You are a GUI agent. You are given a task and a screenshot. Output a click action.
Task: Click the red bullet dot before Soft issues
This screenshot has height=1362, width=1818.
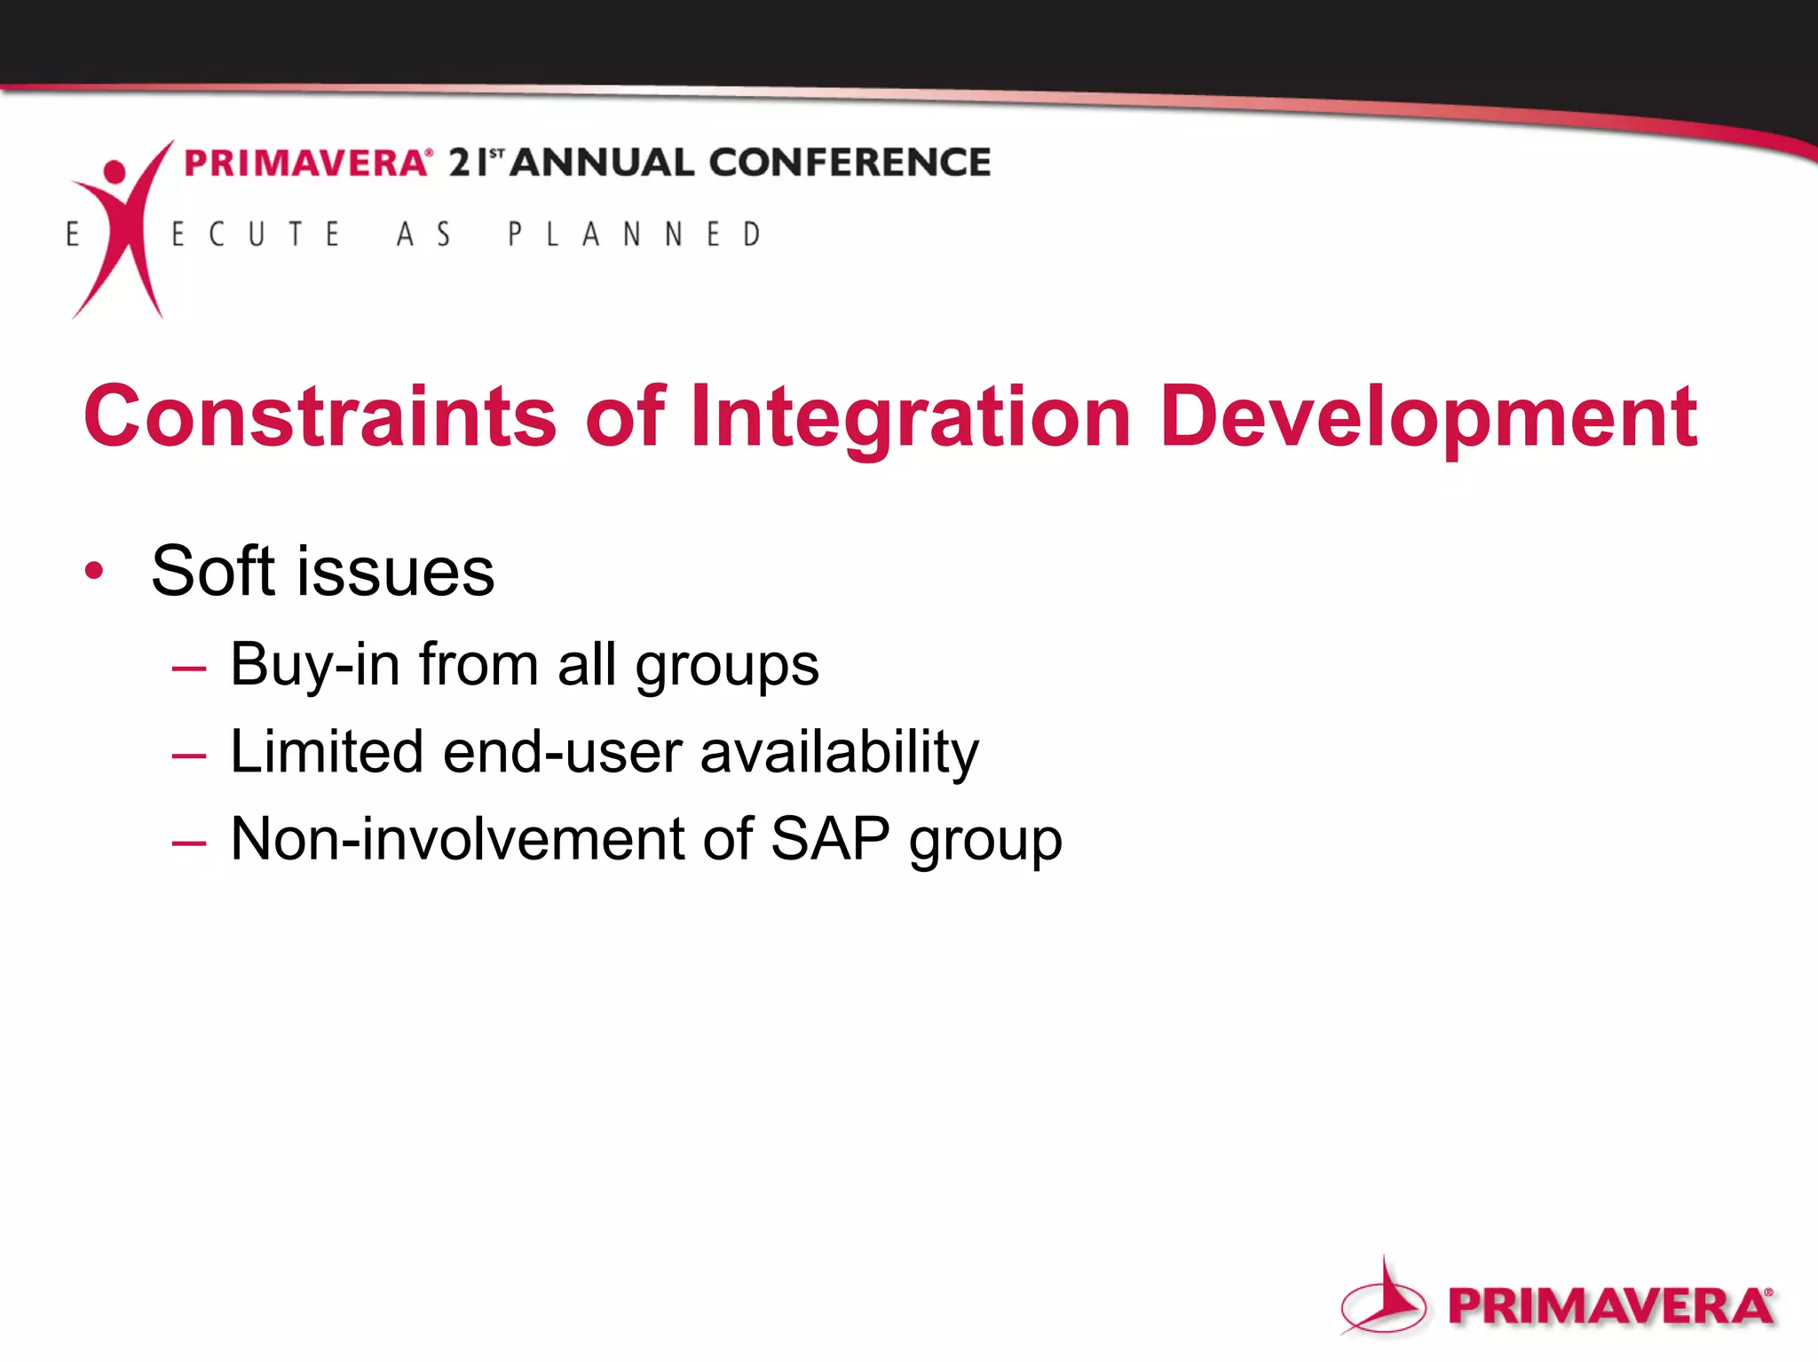tap(94, 570)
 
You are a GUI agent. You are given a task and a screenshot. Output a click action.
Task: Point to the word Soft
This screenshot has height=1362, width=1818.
tap(213, 570)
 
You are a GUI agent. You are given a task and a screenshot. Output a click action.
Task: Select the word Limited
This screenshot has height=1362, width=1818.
tap(327, 751)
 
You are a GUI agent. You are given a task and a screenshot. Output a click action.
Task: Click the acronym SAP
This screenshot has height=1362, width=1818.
tap(830, 838)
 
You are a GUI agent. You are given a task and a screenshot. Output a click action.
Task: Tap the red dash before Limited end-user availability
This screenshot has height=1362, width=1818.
tap(189, 756)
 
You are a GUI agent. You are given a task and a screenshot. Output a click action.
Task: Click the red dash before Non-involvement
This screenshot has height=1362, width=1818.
tap(189, 843)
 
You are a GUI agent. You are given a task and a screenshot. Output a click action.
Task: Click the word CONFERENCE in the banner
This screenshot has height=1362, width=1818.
tap(850, 162)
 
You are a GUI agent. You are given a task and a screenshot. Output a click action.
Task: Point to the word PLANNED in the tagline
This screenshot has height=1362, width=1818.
tap(634, 234)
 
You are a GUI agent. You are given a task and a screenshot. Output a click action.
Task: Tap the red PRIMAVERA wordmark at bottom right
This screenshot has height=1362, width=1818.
tap(1609, 1307)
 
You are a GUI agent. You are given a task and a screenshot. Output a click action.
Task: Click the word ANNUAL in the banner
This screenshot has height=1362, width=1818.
tap(601, 162)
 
